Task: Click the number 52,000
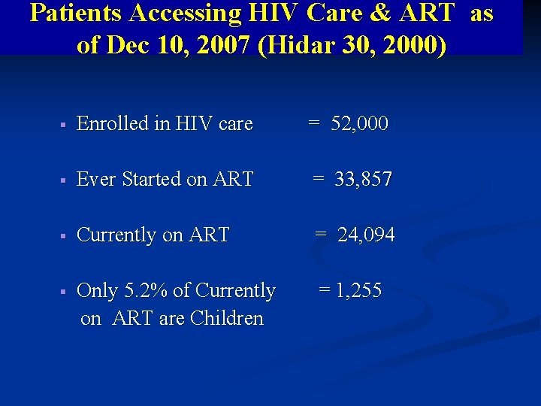pyautogui.click(x=360, y=123)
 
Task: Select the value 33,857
pyautogui.click(x=364, y=179)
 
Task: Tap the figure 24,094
pyautogui.click(x=366, y=235)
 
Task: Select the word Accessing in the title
pyautogui.click(x=189, y=13)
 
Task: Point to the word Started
pyautogui.click(x=152, y=179)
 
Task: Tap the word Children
pyautogui.click(x=227, y=318)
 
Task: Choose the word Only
pyautogui.click(x=97, y=290)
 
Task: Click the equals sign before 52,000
pyautogui.click(x=314, y=123)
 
